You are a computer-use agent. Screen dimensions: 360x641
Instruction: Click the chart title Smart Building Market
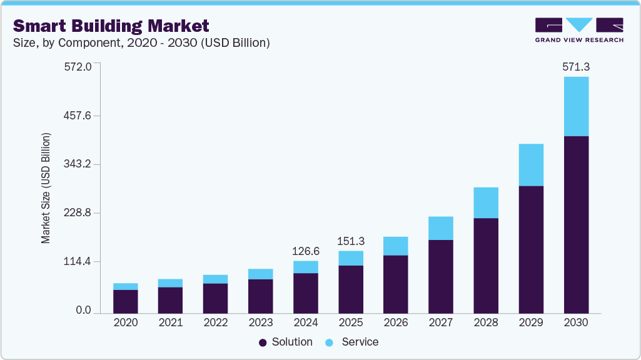(111, 26)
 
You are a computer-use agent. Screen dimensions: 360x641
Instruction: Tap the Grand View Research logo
(578, 30)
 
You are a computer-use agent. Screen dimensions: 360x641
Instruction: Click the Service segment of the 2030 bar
(576, 106)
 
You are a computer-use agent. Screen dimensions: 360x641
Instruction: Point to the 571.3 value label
(576, 66)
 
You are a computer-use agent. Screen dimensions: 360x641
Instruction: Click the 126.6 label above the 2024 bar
(306, 251)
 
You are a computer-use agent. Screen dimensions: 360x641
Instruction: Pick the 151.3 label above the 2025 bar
(351, 241)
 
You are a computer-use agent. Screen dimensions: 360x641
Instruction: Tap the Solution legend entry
(285, 342)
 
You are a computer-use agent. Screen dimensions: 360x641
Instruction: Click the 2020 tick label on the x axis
(126, 322)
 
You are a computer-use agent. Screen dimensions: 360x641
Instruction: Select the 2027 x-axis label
(441, 322)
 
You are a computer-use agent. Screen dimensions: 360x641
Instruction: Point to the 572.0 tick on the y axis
(78, 66)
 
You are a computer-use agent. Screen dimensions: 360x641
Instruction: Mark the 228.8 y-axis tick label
(78, 213)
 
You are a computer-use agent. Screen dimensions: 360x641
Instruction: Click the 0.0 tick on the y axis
(84, 311)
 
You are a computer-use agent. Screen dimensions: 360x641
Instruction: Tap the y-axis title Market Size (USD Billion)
(46, 188)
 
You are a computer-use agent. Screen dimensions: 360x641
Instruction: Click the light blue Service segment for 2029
(531, 165)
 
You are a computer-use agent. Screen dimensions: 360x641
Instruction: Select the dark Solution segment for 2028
(486, 266)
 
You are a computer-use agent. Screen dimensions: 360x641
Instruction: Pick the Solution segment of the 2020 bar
(126, 301)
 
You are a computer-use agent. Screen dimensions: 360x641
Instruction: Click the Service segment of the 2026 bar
(396, 246)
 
